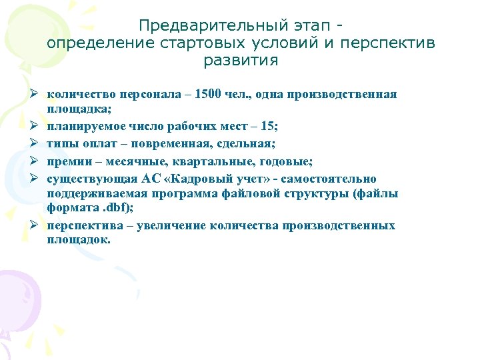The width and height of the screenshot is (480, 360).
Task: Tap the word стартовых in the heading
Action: [203, 43]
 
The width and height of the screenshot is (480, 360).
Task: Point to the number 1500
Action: [209, 94]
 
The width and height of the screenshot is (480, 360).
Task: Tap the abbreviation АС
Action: [149, 179]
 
